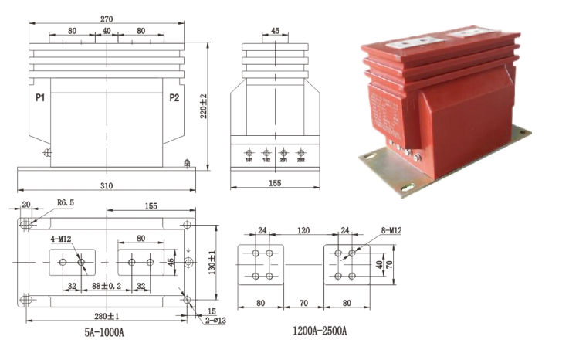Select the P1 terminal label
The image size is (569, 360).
[x=41, y=98]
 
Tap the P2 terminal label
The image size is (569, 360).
[x=174, y=98]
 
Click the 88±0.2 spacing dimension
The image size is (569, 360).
[x=107, y=286]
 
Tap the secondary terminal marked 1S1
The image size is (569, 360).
[x=250, y=160]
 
